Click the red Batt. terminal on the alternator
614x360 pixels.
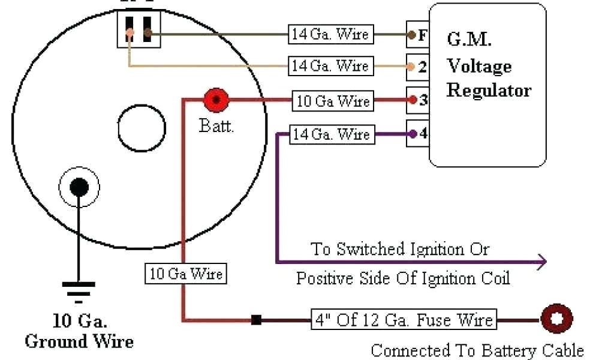click(215, 101)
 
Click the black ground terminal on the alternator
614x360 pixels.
click(79, 187)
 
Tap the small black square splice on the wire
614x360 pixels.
click(256, 320)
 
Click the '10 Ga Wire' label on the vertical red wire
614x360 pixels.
click(186, 275)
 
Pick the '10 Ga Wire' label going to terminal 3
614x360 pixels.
click(334, 101)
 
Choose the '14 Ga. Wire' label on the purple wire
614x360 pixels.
click(330, 134)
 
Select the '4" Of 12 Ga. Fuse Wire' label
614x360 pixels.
click(404, 319)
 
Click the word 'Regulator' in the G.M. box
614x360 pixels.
click(489, 91)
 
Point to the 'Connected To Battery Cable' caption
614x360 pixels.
click(477, 350)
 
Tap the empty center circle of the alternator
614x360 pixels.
click(142, 129)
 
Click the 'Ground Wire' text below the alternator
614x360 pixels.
click(79, 341)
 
